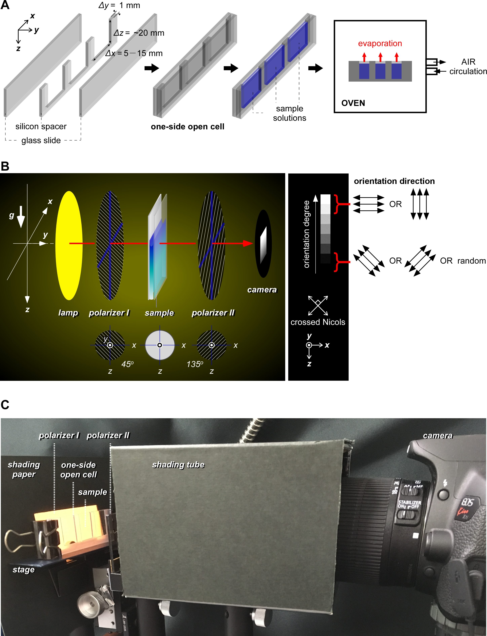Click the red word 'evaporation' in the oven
(x=380, y=44)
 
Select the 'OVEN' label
(x=353, y=103)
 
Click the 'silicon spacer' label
(x=41, y=126)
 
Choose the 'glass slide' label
(x=41, y=140)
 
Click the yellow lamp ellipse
(x=69, y=245)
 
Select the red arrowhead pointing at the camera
(x=248, y=243)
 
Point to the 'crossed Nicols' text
(x=318, y=322)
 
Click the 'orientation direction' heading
(x=394, y=181)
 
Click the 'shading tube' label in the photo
(x=178, y=465)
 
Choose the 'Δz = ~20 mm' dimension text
(x=139, y=33)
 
